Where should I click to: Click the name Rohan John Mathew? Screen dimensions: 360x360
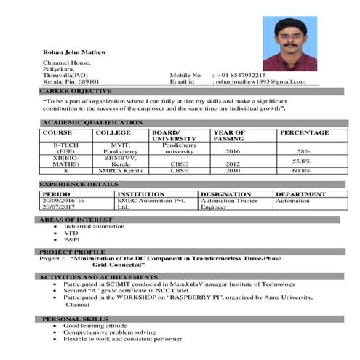point(74,52)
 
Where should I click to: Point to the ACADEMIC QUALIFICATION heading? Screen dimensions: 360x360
point(92,123)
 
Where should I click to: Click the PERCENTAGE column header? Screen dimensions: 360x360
point(304,133)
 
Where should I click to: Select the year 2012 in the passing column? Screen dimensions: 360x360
point(233,164)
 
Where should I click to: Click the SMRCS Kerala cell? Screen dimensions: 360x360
point(121,171)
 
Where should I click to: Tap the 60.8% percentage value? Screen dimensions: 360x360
point(301,171)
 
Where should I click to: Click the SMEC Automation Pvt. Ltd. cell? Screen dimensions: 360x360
point(151,204)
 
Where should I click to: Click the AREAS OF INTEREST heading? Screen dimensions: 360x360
point(76,219)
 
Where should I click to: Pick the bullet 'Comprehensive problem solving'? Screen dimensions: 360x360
point(109,332)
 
